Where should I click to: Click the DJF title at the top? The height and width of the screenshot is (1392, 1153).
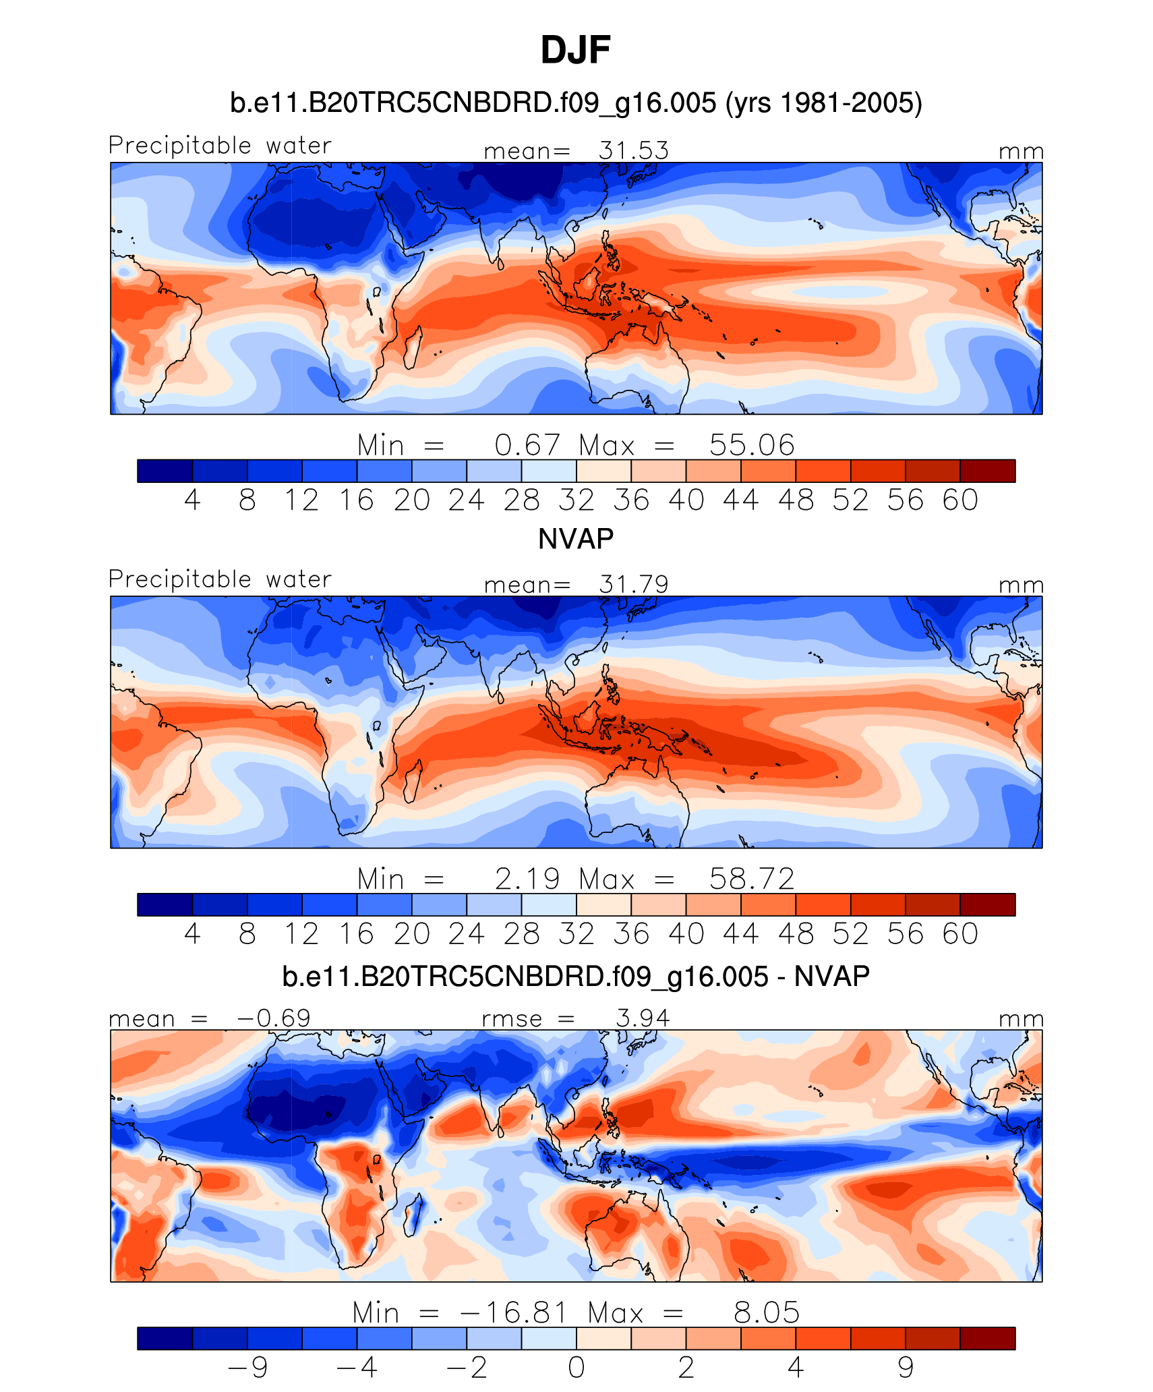575,51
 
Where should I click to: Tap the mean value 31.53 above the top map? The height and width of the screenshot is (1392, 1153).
633,150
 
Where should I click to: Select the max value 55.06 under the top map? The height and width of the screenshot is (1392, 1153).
751,445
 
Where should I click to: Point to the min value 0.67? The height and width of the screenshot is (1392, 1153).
527,445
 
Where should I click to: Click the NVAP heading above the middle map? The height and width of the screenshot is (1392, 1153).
576,539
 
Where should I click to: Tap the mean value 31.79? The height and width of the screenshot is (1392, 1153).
633,584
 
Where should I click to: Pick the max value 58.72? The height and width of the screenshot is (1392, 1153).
751,879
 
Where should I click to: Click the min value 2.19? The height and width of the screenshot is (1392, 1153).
527,879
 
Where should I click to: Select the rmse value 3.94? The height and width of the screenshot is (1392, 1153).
643,1018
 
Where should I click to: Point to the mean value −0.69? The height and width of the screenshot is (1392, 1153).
273,1018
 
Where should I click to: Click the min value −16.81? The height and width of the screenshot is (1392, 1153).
512,1312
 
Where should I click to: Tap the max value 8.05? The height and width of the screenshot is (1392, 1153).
766,1312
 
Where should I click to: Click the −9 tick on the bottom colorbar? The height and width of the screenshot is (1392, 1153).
248,1367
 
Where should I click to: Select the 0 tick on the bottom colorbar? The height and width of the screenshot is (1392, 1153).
576,1367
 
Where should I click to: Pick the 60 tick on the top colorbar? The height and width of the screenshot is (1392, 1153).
960,500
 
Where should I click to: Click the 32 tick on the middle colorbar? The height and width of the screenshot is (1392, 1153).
576,933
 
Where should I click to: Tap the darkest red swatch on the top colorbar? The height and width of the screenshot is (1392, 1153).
988,471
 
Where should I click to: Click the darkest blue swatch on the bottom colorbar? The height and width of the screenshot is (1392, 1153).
165,1338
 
